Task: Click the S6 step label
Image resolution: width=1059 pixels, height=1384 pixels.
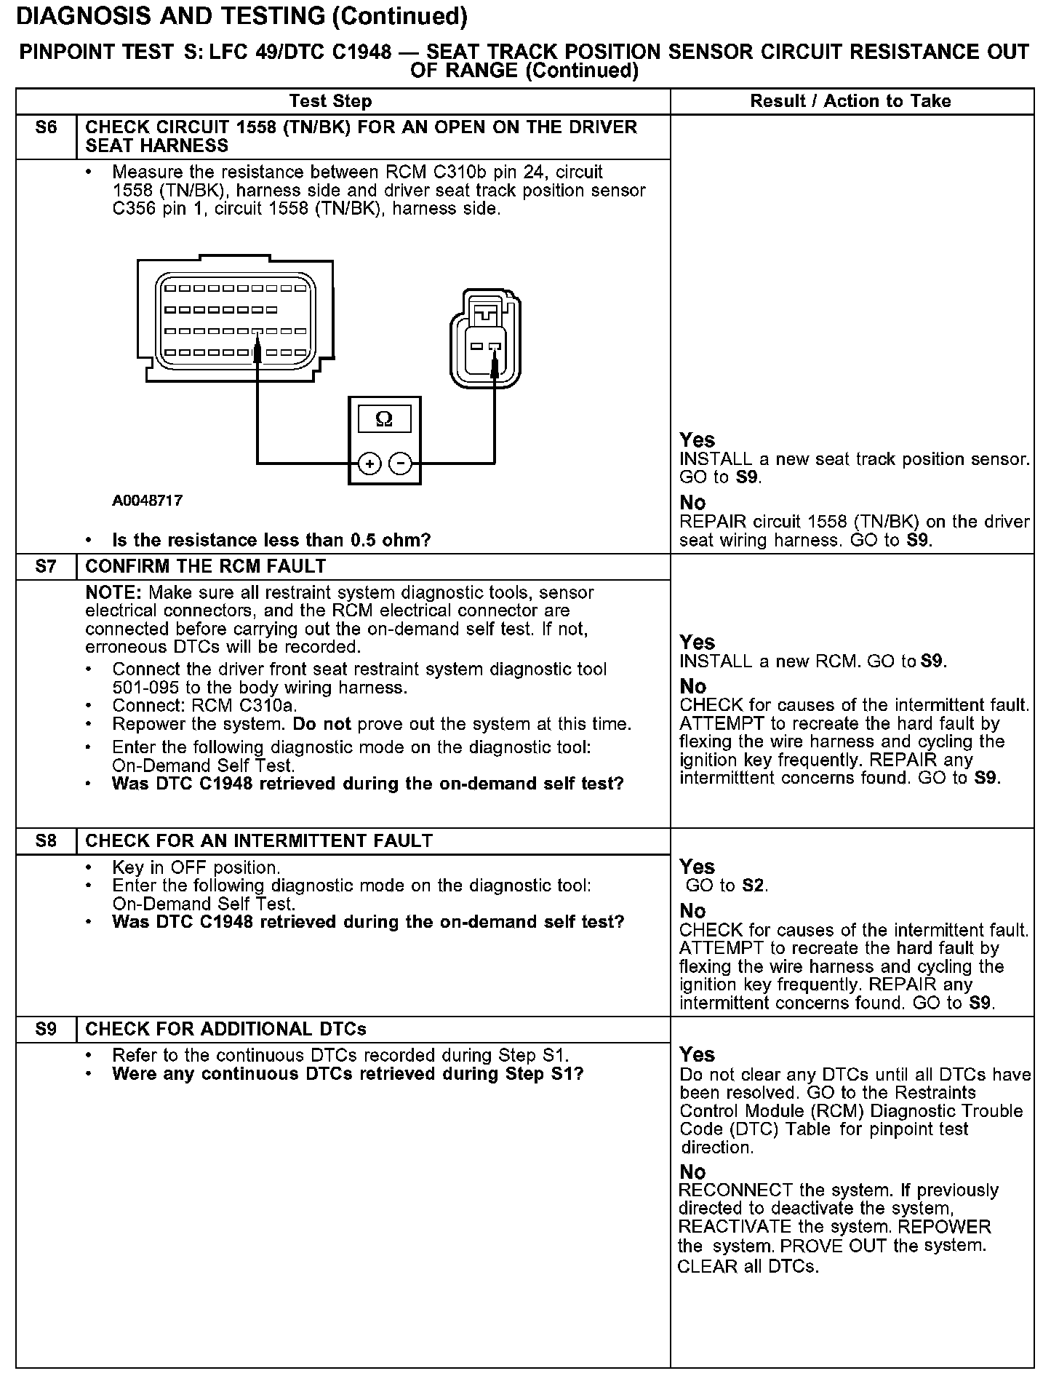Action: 46,128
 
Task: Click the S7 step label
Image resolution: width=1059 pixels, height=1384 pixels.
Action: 46,566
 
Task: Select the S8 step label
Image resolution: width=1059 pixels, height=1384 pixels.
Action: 46,841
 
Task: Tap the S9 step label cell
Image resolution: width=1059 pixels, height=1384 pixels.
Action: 46,1030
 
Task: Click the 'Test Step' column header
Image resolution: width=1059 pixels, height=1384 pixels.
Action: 330,101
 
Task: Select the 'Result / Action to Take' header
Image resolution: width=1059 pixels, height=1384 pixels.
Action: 850,101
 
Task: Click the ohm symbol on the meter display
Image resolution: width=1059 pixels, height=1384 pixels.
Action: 384,420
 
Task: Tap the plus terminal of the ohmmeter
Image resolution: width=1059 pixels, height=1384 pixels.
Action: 370,464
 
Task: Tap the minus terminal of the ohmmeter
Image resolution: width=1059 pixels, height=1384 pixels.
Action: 399,464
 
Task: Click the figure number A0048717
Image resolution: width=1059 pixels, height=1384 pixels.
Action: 148,501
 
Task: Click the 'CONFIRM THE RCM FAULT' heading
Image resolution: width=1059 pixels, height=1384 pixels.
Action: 206,566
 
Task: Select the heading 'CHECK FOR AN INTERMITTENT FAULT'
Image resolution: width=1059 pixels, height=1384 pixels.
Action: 259,841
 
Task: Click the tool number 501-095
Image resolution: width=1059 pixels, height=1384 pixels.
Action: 143,688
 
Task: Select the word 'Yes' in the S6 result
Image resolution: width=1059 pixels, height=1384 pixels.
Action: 697,440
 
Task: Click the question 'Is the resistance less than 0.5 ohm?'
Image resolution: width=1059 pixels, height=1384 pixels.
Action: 271,540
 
